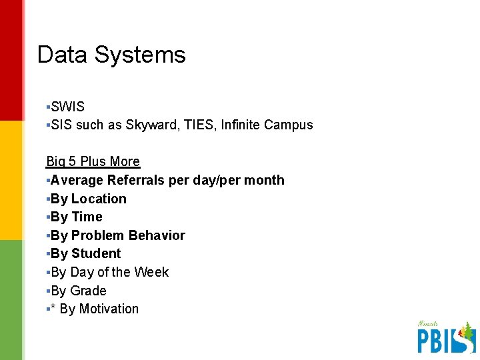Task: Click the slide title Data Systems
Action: pyautogui.click(x=111, y=55)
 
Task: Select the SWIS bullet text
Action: pyautogui.click(x=67, y=107)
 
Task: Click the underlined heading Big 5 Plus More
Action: pyautogui.click(x=93, y=161)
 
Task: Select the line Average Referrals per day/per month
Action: pyautogui.click(x=167, y=180)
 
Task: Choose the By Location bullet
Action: pyautogui.click(x=88, y=199)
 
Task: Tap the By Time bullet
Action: pyautogui.click(x=76, y=217)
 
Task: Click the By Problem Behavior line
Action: pyautogui.click(x=117, y=235)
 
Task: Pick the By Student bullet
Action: pyautogui.click(x=85, y=253)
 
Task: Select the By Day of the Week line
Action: pyautogui.click(x=109, y=272)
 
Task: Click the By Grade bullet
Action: pyautogui.click(x=78, y=291)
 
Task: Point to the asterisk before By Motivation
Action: pyautogui.click(x=53, y=309)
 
